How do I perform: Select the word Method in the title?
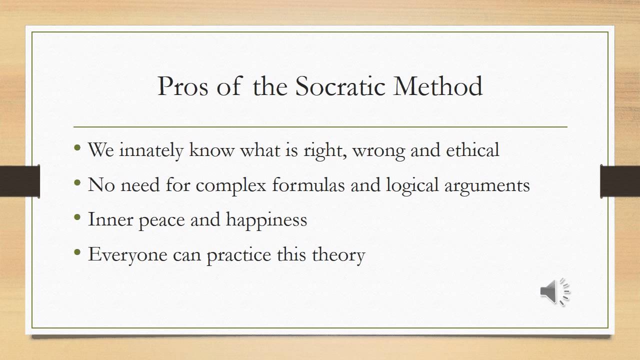pos(438,86)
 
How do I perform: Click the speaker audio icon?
pos(554,291)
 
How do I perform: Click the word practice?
pos(239,255)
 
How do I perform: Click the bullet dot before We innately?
pos(77,148)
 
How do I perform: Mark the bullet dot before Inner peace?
pos(77,218)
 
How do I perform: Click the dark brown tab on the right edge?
pos(620,181)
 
